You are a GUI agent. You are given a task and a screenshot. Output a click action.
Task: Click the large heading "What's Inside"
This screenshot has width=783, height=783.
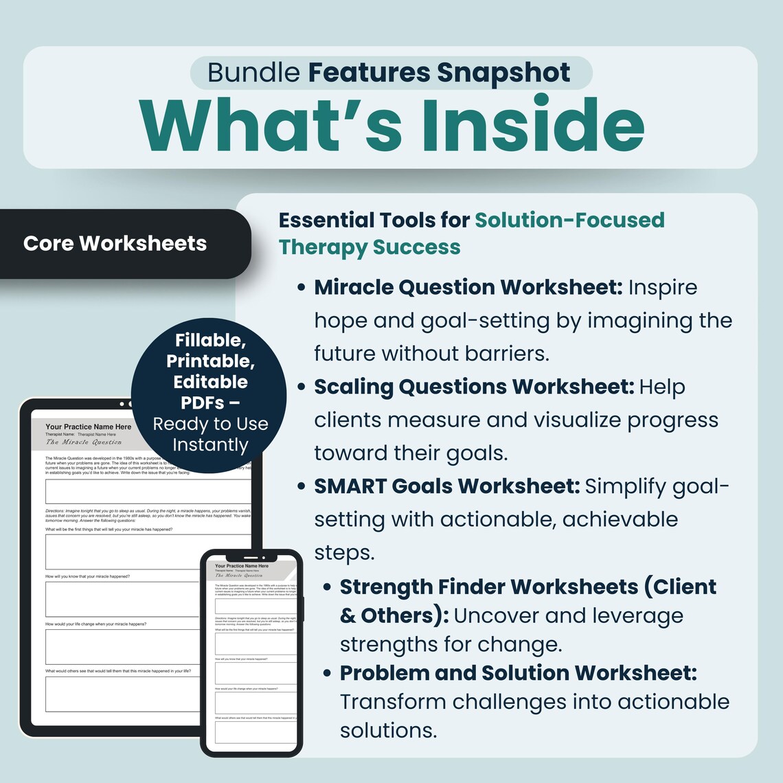point(391,126)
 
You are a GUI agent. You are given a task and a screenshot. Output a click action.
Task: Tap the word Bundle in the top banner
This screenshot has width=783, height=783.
point(253,73)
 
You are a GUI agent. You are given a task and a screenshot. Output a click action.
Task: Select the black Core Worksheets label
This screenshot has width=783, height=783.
point(115,243)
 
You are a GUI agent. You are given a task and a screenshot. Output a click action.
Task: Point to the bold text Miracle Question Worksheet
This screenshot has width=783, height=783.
point(468,287)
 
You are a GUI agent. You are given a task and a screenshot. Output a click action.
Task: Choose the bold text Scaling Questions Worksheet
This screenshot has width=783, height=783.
point(474,387)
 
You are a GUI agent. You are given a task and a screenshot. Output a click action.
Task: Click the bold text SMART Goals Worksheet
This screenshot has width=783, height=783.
point(447,486)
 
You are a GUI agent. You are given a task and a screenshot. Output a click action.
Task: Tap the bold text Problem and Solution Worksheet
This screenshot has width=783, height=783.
point(518,672)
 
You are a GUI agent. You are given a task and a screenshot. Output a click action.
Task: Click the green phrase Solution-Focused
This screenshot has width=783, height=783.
point(569,220)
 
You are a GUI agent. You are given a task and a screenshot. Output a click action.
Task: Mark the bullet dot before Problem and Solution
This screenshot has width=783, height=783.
point(327,673)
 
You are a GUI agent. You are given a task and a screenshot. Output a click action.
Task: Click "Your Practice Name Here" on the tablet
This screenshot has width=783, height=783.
point(88,427)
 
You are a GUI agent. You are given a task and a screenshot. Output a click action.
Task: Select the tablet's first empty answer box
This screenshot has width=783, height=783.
point(148,492)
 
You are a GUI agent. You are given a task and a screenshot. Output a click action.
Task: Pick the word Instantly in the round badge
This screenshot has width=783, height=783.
point(210,445)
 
